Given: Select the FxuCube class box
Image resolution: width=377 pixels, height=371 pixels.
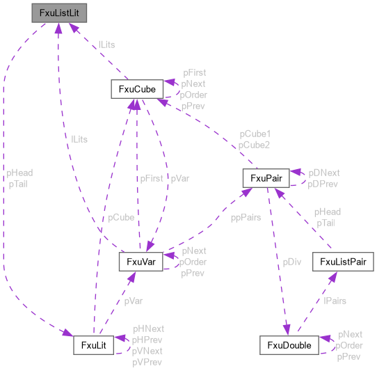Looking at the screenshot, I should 136,89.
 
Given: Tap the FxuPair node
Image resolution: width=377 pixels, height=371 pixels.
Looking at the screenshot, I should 265,178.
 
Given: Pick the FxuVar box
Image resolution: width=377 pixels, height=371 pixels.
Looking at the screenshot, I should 141,261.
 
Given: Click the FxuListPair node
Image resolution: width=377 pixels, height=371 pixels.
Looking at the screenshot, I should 343,262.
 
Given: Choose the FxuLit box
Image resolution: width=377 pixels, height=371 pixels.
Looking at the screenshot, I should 94,345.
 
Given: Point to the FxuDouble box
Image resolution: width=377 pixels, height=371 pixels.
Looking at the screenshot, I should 289,345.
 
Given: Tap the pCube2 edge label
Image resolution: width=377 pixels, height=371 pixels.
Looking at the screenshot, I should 255,144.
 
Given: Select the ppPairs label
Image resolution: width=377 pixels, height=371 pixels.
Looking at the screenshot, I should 246,217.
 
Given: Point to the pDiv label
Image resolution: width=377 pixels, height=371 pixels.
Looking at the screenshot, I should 291,262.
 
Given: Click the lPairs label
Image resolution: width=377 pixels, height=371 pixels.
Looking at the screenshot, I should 335,301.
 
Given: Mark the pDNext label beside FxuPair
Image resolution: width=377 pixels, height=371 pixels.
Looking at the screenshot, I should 324,171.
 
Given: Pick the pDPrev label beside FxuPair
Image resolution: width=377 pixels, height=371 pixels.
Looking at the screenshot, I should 324,183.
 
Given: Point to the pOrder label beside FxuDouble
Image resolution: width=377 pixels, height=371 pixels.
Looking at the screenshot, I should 350,345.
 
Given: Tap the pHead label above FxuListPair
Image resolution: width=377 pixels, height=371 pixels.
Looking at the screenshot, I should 327,212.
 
